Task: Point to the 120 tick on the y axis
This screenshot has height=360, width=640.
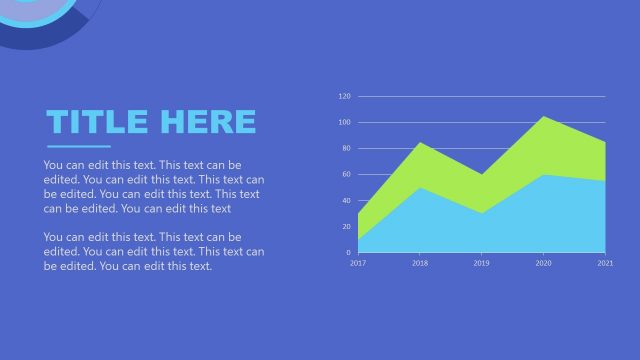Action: click(x=344, y=97)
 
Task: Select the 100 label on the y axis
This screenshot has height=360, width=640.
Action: click(x=344, y=123)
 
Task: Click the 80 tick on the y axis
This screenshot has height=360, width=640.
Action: click(x=346, y=149)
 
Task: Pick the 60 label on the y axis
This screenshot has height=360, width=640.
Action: click(x=346, y=175)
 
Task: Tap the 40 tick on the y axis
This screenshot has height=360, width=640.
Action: click(x=346, y=201)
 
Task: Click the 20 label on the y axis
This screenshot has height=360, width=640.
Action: click(x=346, y=227)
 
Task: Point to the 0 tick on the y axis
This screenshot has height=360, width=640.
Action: click(x=348, y=253)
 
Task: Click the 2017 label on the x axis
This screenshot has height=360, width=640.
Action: click(x=358, y=263)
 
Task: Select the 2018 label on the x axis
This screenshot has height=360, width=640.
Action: click(x=420, y=263)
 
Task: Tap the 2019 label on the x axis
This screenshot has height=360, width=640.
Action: click(x=482, y=263)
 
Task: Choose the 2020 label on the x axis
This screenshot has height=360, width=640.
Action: click(x=543, y=263)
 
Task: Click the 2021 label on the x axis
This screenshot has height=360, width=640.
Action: click(x=605, y=263)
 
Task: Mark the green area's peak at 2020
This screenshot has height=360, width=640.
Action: click(x=543, y=118)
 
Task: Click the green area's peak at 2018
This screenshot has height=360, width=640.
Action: click(x=420, y=144)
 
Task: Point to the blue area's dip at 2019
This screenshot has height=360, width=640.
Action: click(x=482, y=212)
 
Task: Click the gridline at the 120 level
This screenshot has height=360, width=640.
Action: click(x=480, y=97)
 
